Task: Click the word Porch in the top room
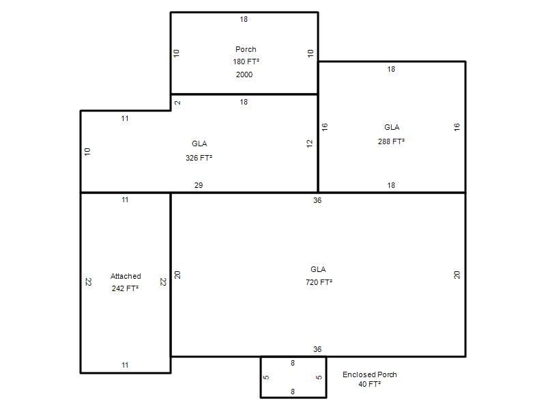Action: (246, 49)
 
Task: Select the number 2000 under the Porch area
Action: (244, 74)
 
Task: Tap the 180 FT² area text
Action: (246, 61)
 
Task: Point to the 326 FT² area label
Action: (199, 158)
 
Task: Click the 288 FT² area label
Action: (391, 141)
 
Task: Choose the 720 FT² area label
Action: (319, 282)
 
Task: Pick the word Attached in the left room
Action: (126, 276)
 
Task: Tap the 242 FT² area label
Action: (125, 288)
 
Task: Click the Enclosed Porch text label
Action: (370, 374)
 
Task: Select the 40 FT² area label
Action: (369, 384)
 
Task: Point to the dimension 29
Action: (199, 185)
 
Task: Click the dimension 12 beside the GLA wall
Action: (310, 143)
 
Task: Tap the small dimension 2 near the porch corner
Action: (177, 102)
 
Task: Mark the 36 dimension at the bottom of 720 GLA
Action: (317, 349)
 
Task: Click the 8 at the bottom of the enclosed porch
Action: (293, 392)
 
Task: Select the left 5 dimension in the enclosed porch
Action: (266, 377)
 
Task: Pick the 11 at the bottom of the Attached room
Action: (125, 365)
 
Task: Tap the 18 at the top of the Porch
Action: (244, 19)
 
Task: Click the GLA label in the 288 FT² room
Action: (392, 127)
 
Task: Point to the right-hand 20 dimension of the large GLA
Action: (457, 275)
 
